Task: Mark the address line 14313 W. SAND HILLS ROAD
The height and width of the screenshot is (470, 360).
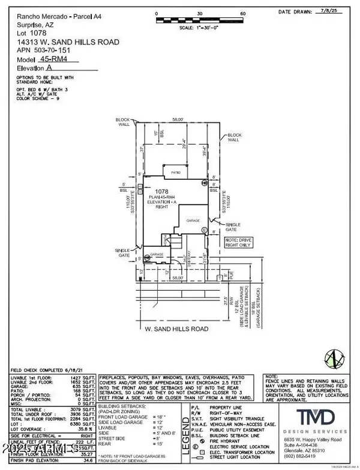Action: coord(60,42)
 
